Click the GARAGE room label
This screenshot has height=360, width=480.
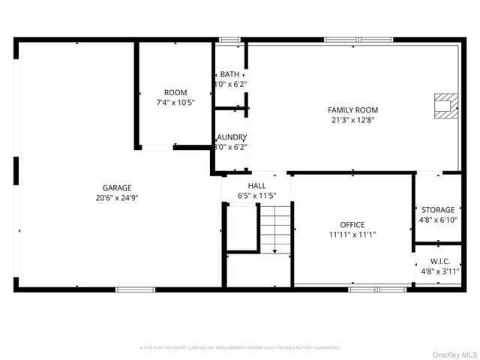117,187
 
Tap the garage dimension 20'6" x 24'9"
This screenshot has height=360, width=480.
117,198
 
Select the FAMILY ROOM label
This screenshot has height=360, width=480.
352,109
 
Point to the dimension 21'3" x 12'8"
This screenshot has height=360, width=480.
352,120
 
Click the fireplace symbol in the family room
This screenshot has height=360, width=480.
446,106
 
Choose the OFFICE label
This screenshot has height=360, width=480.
352,224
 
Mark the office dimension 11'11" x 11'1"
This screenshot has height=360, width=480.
352,235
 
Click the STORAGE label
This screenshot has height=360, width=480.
438,210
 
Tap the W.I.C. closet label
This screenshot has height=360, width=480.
439,261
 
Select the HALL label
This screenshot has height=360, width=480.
257,185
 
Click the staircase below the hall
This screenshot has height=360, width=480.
275,228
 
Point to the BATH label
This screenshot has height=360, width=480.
229,74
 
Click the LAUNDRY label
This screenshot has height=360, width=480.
231,137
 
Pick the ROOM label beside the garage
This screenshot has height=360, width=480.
175,92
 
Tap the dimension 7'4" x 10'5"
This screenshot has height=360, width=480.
175,103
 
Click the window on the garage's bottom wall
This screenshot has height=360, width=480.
135,289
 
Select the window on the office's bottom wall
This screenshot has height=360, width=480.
377,289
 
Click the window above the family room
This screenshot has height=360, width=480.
358,39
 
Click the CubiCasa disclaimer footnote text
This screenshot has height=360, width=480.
240,348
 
